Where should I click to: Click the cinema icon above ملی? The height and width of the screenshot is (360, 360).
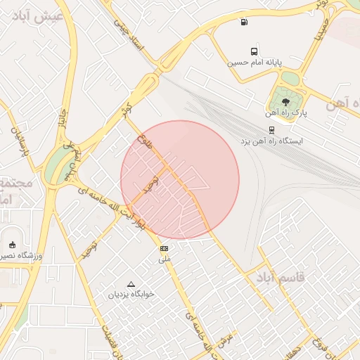[x=165, y=249]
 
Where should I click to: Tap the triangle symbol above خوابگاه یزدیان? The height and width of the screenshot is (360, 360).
[x=131, y=284]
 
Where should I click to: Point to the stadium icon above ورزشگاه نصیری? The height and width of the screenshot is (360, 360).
[x=12, y=245]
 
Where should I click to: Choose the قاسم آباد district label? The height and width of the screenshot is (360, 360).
[x=282, y=277]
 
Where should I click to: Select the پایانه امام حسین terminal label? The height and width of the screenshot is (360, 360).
[x=254, y=62]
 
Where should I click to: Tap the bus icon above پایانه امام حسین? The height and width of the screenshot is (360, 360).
[x=254, y=51]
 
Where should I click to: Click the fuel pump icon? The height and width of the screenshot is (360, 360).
[x=243, y=22]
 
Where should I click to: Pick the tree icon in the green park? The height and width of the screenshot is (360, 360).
[x=285, y=103]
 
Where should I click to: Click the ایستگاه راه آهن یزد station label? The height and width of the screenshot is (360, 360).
[x=271, y=141]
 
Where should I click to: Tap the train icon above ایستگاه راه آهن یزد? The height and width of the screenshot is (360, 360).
[x=271, y=130]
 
